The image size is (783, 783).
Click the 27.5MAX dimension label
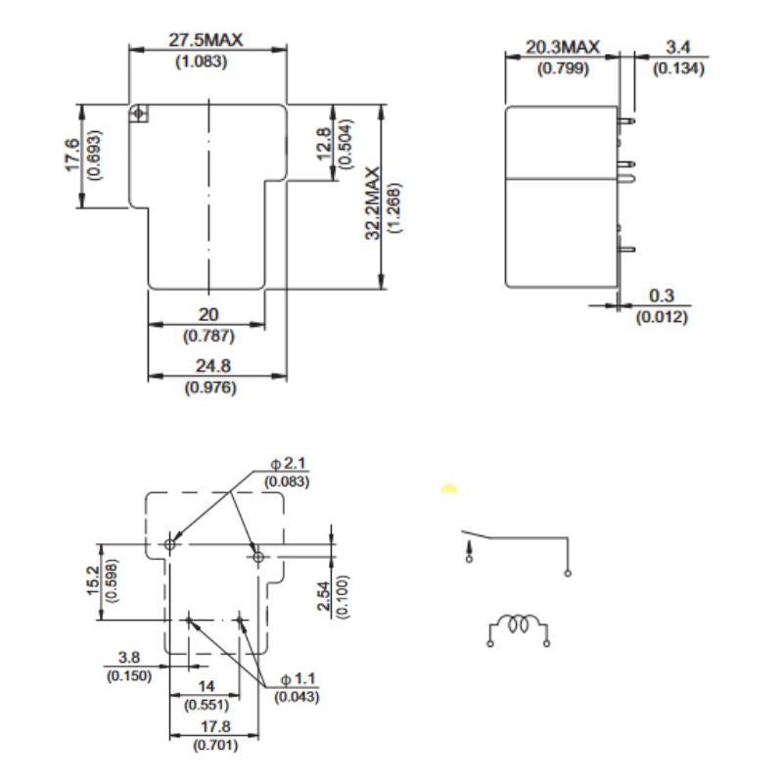coord(206,40)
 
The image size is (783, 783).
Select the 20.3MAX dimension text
coord(562,47)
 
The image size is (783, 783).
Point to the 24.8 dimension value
coord(209,367)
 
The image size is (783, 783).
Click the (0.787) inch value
coord(208,336)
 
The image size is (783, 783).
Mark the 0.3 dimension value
coord(662,297)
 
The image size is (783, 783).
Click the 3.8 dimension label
coord(130,657)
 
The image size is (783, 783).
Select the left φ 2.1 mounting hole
coord(170,543)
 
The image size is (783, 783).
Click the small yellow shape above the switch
coord(448,488)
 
